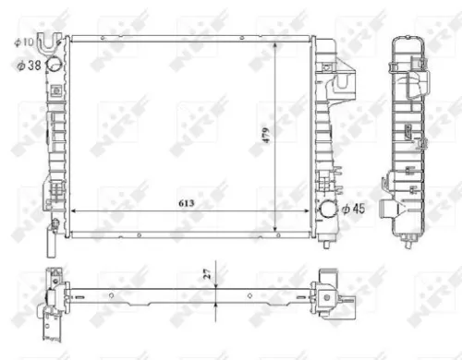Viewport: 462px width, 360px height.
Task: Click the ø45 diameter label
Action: pos(353,210)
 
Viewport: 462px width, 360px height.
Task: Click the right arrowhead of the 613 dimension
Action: pos(309,211)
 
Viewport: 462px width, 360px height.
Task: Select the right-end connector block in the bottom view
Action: pos(331,289)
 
